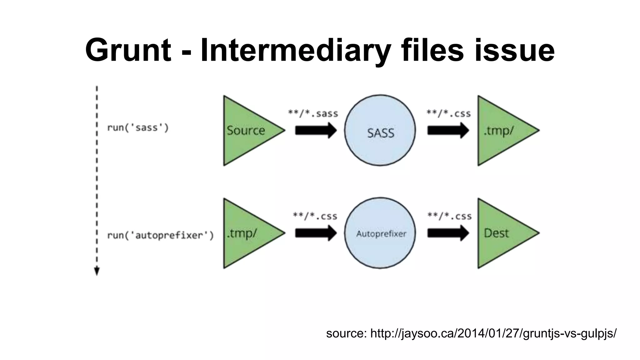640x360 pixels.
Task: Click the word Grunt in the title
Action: pyautogui.click(x=128, y=50)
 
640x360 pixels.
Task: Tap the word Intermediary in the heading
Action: pyautogui.click(x=296, y=50)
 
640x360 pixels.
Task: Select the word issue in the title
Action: pyautogui.click(x=514, y=50)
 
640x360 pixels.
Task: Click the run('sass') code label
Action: pyautogui.click(x=138, y=128)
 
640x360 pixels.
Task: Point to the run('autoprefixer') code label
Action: pyautogui.click(x=160, y=235)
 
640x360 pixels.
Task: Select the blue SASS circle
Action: pyautogui.click(x=380, y=130)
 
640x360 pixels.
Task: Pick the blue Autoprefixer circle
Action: pyautogui.click(x=380, y=233)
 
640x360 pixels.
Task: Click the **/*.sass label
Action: pyautogui.click(x=313, y=113)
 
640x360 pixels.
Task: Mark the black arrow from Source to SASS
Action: pyautogui.click(x=316, y=130)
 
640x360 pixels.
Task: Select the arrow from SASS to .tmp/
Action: pyautogui.click(x=448, y=130)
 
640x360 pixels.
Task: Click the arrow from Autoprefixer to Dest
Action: pyautogui.click(x=448, y=233)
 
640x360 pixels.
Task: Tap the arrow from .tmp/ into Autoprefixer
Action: pyautogui.click(x=316, y=233)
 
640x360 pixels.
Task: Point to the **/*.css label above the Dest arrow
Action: pyautogui.click(x=449, y=216)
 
